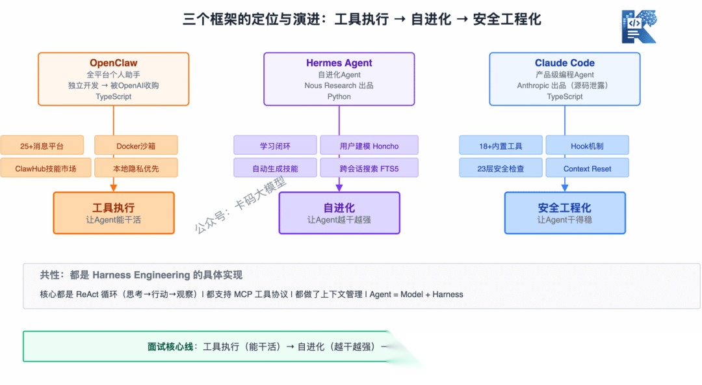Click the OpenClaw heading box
[x=114, y=79]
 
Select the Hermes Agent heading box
[x=339, y=79]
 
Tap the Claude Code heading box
[x=565, y=79]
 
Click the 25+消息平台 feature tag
[x=42, y=145]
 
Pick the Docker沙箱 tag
[x=136, y=145]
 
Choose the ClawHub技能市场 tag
[x=45, y=168]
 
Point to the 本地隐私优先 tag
[x=136, y=168]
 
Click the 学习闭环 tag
[x=275, y=145]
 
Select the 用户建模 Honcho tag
[x=369, y=145]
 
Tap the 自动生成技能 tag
[x=275, y=168]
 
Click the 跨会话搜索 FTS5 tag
[x=369, y=168]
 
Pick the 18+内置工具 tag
[x=500, y=145]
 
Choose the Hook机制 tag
[x=588, y=145]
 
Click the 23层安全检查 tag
[x=500, y=168]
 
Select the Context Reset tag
[x=588, y=168]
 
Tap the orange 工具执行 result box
[x=114, y=213]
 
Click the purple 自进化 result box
[x=339, y=213]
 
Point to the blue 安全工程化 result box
[x=565, y=213]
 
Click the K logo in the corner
[x=639, y=27]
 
